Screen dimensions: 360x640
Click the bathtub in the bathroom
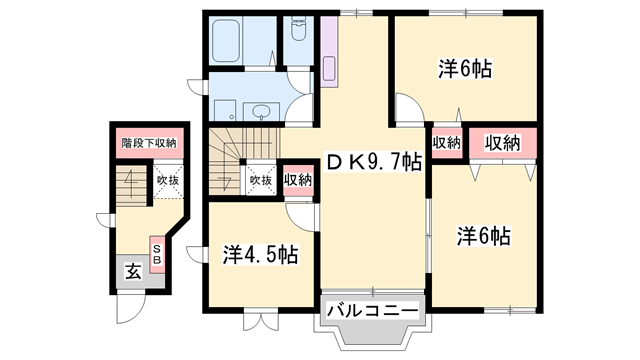pos(225,41)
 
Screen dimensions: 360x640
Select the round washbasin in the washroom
pos(262,112)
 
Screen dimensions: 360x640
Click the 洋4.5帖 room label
pos(258,254)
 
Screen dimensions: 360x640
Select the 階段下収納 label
pos(148,143)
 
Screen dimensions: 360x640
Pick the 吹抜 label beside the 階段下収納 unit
pos(166,180)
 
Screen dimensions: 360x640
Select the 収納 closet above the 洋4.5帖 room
pos(297,180)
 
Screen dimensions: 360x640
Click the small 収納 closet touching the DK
pos(446,143)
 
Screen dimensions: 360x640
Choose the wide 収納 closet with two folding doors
pos(504,143)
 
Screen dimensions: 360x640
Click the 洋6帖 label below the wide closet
pos(484,237)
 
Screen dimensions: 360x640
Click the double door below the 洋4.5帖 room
pos(257,321)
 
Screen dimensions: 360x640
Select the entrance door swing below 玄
pos(128,306)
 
